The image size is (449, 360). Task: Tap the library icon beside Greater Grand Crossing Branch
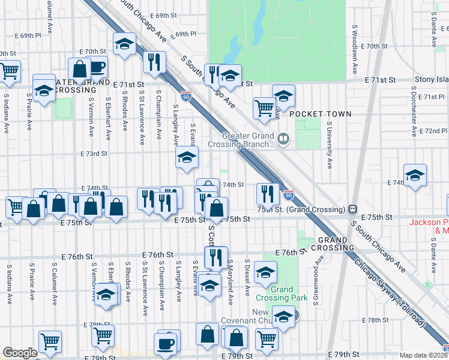[283, 140]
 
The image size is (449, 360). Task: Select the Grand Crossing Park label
[289, 293]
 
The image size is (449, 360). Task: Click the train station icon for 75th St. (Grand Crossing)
[354, 209]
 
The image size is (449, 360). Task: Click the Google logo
[20, 353]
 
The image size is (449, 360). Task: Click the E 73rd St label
[94, 154]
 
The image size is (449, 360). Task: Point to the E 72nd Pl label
[435, 130]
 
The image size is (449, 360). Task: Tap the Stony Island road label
[432, 79]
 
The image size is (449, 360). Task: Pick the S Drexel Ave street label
[247, 277]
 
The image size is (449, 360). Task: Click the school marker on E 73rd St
[187, 158]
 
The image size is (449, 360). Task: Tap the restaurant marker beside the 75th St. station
[268, 193]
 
